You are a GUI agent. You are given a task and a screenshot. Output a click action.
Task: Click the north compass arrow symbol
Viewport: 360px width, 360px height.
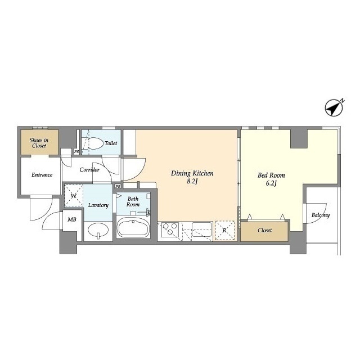click(x=334, y=108)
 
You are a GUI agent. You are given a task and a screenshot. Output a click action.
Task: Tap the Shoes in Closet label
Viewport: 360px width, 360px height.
click(x=39, y=143)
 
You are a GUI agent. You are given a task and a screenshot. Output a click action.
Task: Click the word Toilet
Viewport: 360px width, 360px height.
click(x=111, y=143)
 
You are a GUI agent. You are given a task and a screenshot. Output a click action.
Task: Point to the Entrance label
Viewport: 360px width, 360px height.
click(x=42, y=175)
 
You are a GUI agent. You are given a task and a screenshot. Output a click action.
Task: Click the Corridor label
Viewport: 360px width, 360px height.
click(x=89, y=170)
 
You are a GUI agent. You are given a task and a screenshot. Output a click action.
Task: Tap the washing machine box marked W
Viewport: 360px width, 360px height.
click(x=74, y=196)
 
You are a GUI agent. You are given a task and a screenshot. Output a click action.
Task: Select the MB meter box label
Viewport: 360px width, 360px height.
click(x=72, y=220)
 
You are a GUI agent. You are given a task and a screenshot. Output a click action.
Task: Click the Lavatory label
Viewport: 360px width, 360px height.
click(x=98, y=205)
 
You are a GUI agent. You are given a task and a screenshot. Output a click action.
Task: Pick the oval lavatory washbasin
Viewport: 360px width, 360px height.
click(x=98, y=231)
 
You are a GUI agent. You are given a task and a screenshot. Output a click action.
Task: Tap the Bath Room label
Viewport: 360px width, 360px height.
click(x=133, y=201)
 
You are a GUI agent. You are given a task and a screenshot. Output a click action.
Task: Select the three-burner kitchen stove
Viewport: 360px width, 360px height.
click(x=170, y=229)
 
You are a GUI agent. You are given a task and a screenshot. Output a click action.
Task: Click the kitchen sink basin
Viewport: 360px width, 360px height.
click(x=202, y=229)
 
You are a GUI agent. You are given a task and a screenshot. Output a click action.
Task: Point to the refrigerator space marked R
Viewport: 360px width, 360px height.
click(x=225, y=230)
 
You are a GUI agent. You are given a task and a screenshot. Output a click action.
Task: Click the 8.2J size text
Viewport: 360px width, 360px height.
click(x=192, y=181)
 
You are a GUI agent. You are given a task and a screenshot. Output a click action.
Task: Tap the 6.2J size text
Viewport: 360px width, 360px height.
click(x=271, y=183)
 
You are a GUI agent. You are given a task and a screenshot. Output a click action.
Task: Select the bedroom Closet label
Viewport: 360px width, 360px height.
click(x=265, y=230)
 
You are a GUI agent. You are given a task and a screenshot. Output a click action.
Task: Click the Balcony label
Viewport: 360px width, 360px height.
click(x=321, y=215)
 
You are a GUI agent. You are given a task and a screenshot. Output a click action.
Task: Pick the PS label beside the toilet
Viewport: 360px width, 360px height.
click(x=76, y=152)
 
